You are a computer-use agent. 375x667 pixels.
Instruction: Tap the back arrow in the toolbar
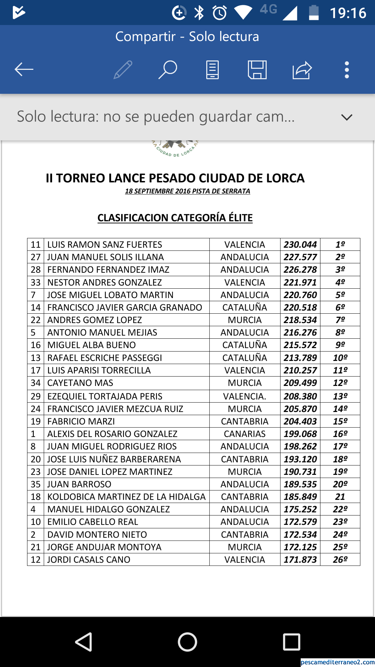coord(24,69)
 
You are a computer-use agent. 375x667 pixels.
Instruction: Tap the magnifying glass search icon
coord(168,69)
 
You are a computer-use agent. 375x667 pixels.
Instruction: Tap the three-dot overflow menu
coord(347,70)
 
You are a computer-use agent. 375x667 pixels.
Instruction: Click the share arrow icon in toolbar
coord(302,70)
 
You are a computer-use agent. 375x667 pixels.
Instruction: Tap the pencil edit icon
coord(123,70)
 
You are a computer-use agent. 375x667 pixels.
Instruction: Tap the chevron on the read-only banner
coord(347,117)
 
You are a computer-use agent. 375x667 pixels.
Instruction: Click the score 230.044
coord(300,245)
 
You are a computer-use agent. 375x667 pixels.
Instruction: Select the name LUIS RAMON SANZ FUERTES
coord(105,245)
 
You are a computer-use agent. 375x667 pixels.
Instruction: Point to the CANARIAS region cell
coord(244,434)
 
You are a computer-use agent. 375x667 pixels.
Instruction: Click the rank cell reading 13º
coord(340,396)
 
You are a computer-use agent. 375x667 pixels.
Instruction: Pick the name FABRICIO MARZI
coord(81,421)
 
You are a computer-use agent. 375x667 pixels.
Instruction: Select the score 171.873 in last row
coord(300,560)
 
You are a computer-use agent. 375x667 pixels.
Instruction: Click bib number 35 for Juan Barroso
coord(35,484)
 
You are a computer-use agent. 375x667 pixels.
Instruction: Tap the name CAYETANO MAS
coord(80,383)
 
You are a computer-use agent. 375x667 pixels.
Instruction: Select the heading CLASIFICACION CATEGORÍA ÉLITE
coord(175,218)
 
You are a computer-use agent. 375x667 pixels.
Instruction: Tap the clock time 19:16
coord(348,13)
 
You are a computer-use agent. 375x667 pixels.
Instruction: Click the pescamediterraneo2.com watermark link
coord(337,662)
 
